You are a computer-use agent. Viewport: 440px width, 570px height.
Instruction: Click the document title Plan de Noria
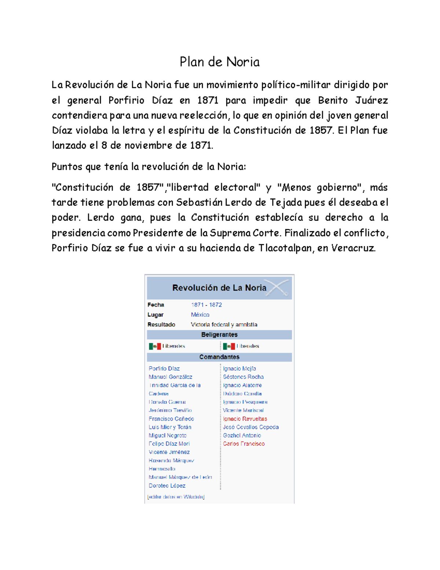pos(219,62)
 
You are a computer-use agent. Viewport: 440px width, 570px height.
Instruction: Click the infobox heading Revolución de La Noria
pos(219,288)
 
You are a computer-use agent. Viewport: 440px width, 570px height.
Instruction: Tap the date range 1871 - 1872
pos(206,305)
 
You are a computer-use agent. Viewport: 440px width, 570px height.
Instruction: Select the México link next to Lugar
pos(200,315)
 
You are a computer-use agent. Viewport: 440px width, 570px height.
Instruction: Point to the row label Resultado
pos(161,324)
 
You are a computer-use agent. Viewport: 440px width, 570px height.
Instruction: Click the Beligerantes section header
pos(219,334)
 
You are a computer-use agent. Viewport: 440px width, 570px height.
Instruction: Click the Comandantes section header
pos(219,357)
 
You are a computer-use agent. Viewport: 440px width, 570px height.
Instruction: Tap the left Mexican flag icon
pos(155,346)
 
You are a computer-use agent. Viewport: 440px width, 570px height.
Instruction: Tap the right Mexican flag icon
pos(229,346)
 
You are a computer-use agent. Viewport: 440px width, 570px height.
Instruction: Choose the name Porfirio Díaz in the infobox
pos(164,368)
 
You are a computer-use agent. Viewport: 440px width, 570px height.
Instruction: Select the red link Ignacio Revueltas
pos(245,419)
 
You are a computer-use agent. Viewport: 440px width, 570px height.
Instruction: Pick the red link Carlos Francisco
pos(244,444)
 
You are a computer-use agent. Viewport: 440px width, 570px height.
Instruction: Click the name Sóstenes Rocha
pos(243,377)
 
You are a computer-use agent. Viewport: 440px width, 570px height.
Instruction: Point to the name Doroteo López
pos(167,486)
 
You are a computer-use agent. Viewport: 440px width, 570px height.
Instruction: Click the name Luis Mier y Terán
pos(170,427)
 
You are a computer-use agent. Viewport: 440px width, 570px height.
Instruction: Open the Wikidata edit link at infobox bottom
pos(176,497)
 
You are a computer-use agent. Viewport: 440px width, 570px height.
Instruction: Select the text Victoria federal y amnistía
pos(224,324)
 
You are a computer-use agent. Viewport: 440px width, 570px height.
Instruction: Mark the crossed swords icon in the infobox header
pos(277,287)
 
